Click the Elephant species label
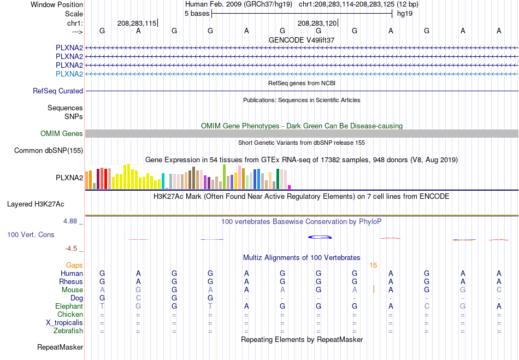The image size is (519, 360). coord(69,306)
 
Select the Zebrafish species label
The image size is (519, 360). coord(68,331)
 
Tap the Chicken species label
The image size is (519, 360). coord(70,314)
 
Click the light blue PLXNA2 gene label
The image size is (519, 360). coord(69,74)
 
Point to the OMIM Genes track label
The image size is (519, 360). coord(62,133)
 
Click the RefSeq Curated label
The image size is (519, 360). coord(58,91)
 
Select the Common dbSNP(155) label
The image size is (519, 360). coord(49,151)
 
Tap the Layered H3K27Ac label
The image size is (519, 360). coord(36,204)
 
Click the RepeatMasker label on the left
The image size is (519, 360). coord(60,347)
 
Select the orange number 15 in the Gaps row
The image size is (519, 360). coord(373,265)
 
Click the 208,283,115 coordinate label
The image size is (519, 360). coord(137,23)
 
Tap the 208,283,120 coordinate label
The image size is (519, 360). coord(317,23)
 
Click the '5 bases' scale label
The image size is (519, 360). coord(197,14)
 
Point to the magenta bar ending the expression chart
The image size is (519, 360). coord(289,187)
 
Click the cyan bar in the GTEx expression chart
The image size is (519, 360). coord(163,181)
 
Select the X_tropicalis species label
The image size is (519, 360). coord(64,323)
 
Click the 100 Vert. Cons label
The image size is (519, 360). coord(31,234)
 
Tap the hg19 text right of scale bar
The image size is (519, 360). coord(404,14)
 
